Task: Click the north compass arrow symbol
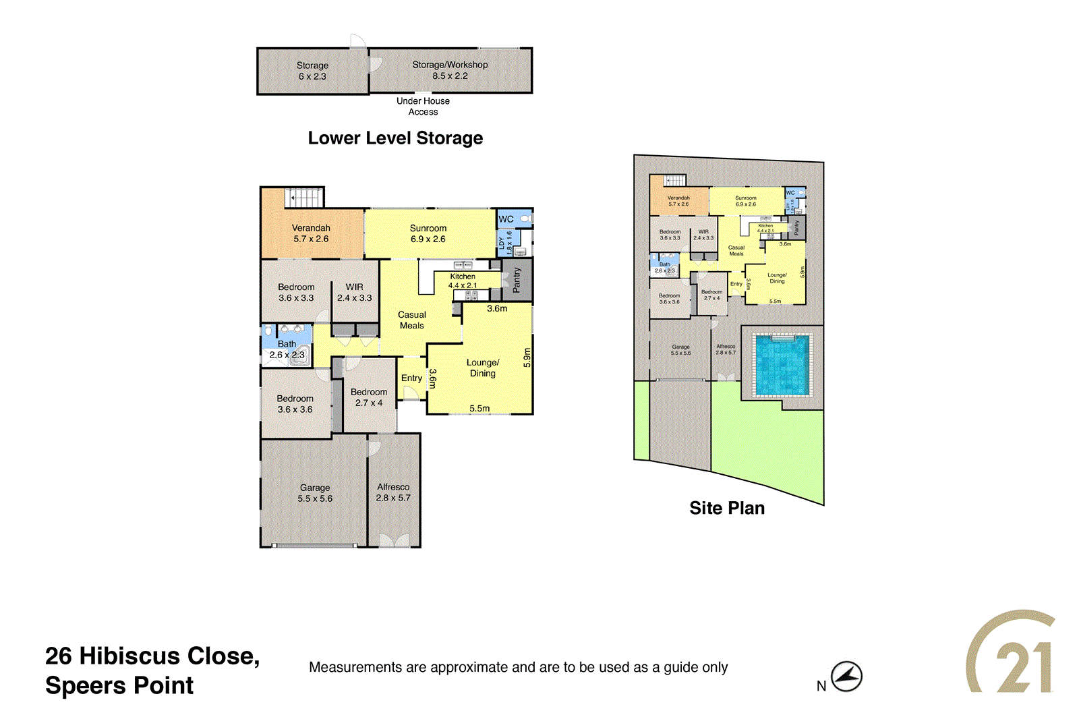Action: (846, 676)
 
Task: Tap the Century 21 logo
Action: (1012, 653)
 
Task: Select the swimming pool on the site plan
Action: (782, 365)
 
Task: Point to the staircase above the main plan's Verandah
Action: (304, 198)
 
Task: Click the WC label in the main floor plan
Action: (506, 219)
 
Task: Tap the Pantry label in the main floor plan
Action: (517, 280)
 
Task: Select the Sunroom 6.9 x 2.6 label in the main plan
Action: (428, 233)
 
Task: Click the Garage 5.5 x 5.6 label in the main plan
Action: (315, 493)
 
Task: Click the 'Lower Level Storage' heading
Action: (395, 138)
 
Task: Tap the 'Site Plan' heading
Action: (727, 508)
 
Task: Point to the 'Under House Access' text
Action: (423, 107)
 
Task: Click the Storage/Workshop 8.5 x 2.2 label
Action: (450, 70)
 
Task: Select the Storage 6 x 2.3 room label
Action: (312, 71)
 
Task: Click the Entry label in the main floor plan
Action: (411, 378)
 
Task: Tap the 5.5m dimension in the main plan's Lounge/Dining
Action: (479, 408)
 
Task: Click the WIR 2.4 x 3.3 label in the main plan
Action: (355, 292)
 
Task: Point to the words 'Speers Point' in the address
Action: (119, 685)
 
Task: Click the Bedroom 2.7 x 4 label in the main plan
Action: (369, 397)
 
